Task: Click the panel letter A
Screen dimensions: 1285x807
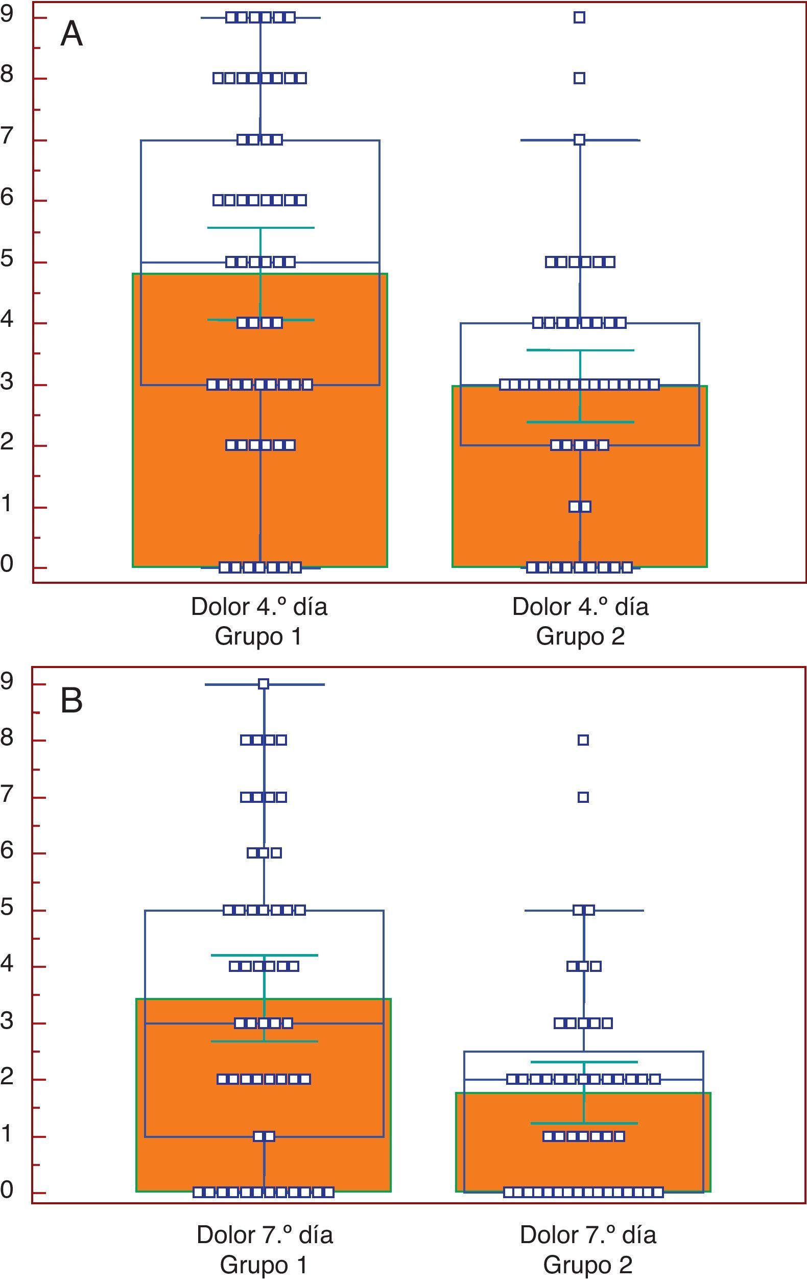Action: [x=72, y=34]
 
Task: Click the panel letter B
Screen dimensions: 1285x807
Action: [x=72, y=700]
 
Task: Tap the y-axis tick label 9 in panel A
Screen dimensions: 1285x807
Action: [x=7, y=14]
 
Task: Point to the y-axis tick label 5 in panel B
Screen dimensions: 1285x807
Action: [x=7, y=907]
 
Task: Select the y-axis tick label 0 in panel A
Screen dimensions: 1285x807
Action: [x=7, y=563]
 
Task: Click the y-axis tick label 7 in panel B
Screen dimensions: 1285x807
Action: [x=7, y=794]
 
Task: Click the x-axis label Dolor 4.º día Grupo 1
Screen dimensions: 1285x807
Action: [x=259, y=621]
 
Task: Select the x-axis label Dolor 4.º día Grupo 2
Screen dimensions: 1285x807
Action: [x=580, y=621]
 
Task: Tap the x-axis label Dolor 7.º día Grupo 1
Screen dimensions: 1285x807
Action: [x=264, y=1249]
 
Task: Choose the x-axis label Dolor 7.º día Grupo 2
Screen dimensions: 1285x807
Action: [x=588, y=1249]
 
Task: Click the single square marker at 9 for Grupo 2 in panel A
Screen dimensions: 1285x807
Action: [x=580, y=17]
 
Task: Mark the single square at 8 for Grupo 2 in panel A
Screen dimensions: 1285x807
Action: [x=580, y=79]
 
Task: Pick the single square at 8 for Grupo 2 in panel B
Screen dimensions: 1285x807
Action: [x=583, y=740]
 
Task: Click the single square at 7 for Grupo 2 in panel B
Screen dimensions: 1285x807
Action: [x=583, y=797]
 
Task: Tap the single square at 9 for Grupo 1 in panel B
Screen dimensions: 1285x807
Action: [x=264, y=684]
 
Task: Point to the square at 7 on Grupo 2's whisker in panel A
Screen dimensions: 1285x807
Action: [x=580, y=140]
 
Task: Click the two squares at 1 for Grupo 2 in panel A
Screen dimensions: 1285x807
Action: [x=580, y=507]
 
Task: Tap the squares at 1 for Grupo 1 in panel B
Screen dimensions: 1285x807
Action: [x=264, y=1137]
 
